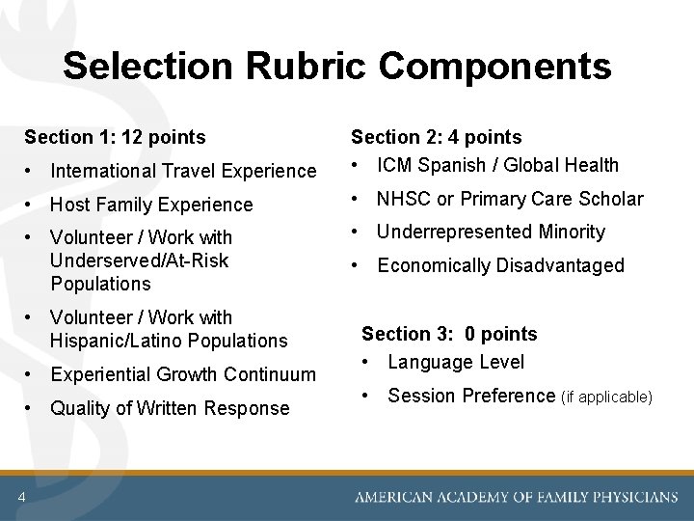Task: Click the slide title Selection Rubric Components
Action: click(336, 67)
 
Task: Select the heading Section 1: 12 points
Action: click(115, 138)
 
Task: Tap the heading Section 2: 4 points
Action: click(436, 138)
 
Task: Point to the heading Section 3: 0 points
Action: click(449, 335)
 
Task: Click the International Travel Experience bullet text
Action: click(183, 172)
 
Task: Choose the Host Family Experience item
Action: click(151, 205)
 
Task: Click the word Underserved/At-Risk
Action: click(140, 260)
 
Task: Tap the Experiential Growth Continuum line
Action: click(183, 374)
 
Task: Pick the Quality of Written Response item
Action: click(170, 408)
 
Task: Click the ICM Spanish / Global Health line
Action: click(497, 166)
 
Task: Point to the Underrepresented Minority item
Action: click(491, 233)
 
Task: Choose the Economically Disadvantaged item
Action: click(500, 266)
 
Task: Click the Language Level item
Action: click(456, 363)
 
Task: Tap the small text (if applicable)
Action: click(606, 398)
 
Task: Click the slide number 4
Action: click(20, 497)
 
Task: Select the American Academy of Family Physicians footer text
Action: click(516, 498)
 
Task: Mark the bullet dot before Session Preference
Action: click(367, 396)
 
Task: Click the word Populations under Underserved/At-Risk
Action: click(101, 285)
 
